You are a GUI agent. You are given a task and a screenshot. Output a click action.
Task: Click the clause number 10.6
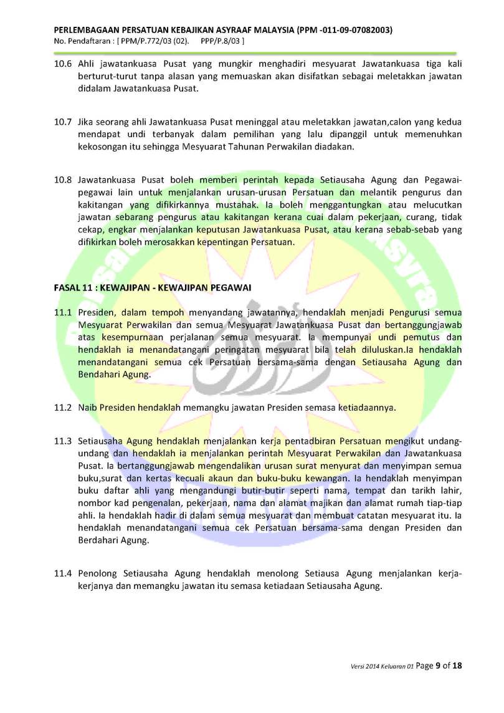[63, 65]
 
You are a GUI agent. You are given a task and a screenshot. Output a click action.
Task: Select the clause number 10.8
[63, 180]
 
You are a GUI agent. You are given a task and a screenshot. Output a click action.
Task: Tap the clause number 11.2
[63, 408]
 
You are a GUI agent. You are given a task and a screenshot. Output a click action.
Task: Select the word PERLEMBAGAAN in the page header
[91, 30]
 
